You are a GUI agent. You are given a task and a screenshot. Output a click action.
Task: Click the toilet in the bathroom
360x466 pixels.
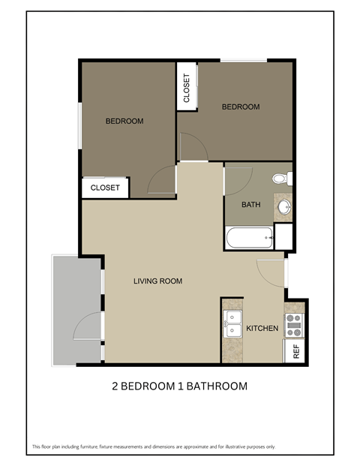[281, 179]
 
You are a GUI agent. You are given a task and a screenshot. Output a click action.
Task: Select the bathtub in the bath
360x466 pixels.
[249, 239]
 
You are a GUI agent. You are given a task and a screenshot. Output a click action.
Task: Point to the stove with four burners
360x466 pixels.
[293, 323]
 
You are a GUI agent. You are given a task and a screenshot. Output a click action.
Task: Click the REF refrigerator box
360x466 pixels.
[295, 351]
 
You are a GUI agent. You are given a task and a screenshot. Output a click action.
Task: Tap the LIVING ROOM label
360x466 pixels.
[157, 281]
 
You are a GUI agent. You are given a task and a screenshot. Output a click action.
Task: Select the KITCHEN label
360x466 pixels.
[262, 329]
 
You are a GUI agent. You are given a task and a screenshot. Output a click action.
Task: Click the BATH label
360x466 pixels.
[250, 204]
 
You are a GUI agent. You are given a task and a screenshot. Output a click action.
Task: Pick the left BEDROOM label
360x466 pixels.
[124, 121]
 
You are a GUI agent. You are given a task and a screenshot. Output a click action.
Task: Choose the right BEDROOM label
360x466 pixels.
[240, 107]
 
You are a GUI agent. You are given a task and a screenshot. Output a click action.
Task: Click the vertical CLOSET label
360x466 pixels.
[187, 88]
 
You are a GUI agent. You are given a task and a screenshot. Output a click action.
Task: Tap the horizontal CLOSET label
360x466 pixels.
[105, 188]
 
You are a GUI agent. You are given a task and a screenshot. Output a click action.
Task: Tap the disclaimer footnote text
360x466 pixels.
[153, 446]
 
